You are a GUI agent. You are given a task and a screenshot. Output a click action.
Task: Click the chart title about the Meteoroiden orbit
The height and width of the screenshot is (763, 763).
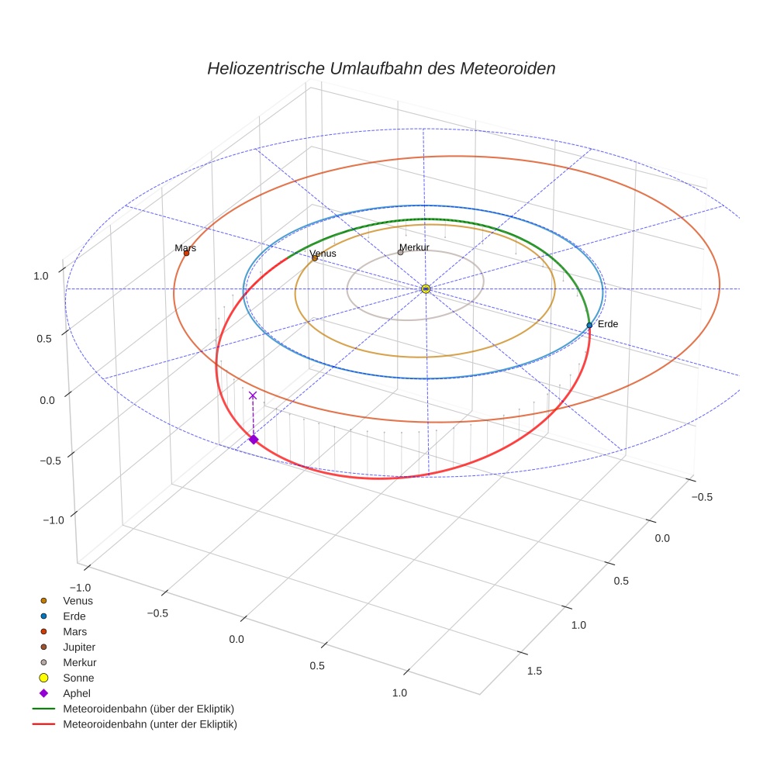381,68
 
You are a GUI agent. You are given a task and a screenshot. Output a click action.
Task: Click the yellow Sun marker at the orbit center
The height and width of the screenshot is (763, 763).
426,288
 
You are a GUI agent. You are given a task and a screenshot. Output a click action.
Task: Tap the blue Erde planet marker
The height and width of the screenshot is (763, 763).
589,325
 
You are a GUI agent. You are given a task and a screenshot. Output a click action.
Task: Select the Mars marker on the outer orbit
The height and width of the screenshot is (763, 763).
186,254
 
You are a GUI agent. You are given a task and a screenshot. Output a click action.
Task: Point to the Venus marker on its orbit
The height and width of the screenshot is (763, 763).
315,258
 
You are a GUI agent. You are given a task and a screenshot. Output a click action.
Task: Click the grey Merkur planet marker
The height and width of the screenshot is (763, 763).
400,252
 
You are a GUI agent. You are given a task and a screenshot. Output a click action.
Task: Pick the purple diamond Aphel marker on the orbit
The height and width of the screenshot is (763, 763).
253,440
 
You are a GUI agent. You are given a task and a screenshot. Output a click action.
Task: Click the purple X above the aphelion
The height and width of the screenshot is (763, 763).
252,395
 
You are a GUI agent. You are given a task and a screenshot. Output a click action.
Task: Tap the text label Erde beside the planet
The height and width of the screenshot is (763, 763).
608,323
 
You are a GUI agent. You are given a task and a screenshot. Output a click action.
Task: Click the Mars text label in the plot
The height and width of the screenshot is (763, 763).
185,248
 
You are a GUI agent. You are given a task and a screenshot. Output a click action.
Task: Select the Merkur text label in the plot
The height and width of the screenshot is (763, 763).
414,247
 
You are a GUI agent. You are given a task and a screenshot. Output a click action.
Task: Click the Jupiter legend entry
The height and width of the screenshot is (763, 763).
79,647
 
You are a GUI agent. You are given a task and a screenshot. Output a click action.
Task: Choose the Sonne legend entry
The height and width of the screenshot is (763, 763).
78,678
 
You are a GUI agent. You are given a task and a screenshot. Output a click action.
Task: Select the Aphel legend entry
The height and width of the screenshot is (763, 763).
78,693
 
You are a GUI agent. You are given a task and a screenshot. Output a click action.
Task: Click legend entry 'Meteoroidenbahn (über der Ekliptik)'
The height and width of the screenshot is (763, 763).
148,709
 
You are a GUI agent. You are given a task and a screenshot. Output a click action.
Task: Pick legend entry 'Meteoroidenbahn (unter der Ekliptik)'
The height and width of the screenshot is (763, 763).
150,724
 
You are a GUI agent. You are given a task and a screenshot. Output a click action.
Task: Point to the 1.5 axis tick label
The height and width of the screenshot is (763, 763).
535,671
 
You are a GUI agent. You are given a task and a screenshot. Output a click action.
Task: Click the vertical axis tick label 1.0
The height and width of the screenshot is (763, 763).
41,274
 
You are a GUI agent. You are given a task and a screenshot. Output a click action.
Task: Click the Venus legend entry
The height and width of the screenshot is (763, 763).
78,600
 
